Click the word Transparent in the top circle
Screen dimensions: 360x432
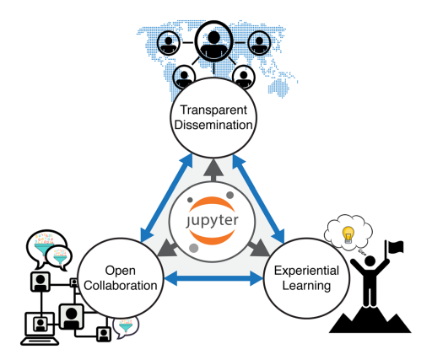pyautogui.click(x=210, y=110)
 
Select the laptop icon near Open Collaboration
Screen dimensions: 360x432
pyautogui.click(x=40, y=327)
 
